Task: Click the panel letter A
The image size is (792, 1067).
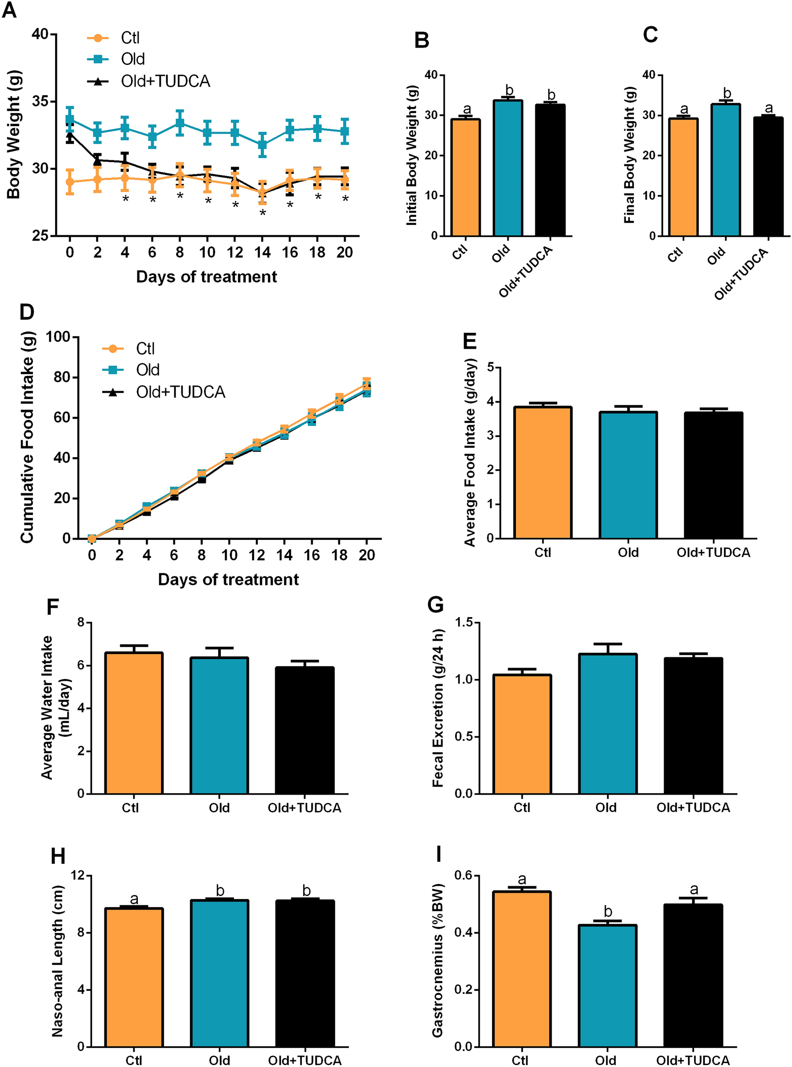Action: click(9, 10)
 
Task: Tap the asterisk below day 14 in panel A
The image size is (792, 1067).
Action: click(263, 212)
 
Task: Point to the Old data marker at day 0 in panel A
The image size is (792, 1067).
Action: click(70, 119)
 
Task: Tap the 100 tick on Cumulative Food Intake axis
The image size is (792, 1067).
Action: click(58, 337)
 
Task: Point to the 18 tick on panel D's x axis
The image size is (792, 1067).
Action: click(339, 555)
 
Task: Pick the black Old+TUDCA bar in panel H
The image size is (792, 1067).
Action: click(305, 975)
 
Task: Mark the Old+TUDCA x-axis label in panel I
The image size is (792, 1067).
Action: click(693, 1060)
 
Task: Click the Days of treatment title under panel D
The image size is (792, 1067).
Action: click(228, 580)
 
